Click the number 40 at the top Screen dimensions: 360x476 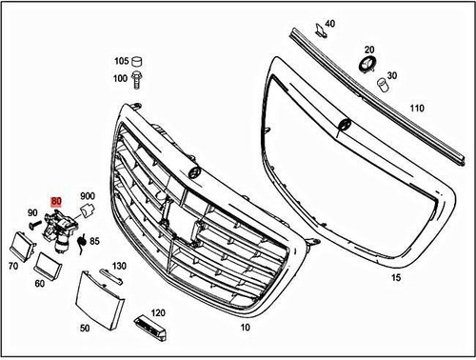pyautogui.click(x=329, y=23)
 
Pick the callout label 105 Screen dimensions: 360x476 pyautogui.click(x=121, y=59)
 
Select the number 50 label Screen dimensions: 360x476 pyautogui.click(x=84, y=328)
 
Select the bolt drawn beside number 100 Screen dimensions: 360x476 pyautogui.click(x=139, y=75)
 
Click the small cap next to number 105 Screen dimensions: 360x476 pyautogui.click(x=139, y=58)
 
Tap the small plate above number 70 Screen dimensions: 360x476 pyautogui.click(x=18, y=240)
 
